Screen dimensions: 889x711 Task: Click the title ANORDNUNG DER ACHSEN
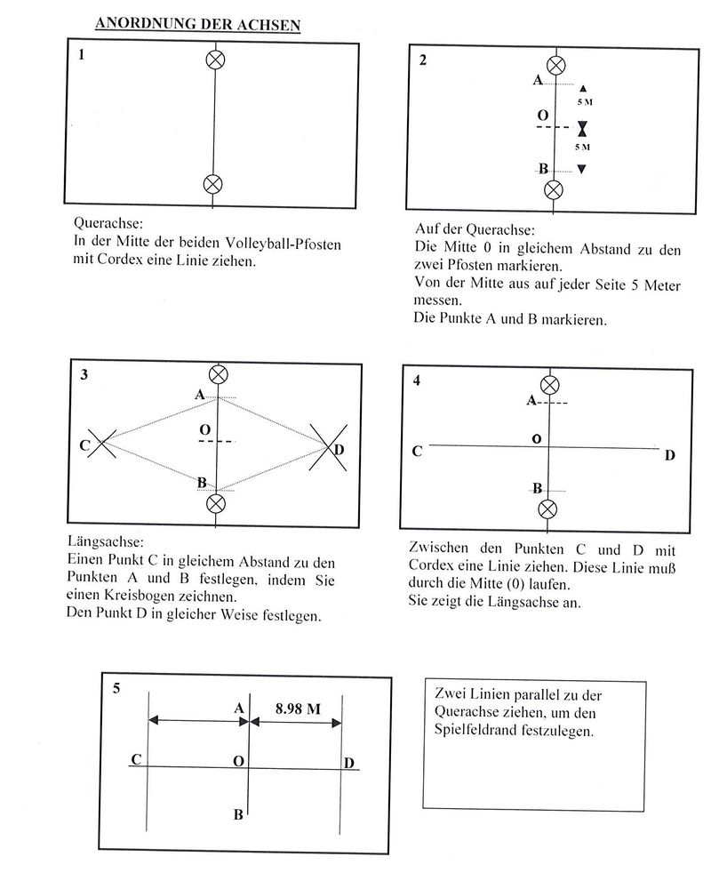pos(197,24)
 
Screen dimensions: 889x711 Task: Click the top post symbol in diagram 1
pos(214,60)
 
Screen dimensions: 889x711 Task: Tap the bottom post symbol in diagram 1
pos(213,184)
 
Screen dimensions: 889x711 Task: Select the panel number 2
pos(423,60)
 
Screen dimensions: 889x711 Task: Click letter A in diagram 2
pos(538,81)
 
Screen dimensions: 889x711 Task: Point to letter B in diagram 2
pos(542,168)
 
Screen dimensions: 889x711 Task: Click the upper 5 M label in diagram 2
pos(583,104)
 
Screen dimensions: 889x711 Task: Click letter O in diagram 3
pos(204,430)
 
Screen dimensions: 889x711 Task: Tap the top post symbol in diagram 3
pos(216,374)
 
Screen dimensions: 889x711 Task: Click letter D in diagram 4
pos(670,455)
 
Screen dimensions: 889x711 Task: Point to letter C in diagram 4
pos(416,452)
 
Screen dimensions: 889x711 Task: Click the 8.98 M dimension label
pos(298,709)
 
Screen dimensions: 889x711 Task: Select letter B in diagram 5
pos(238,814)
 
